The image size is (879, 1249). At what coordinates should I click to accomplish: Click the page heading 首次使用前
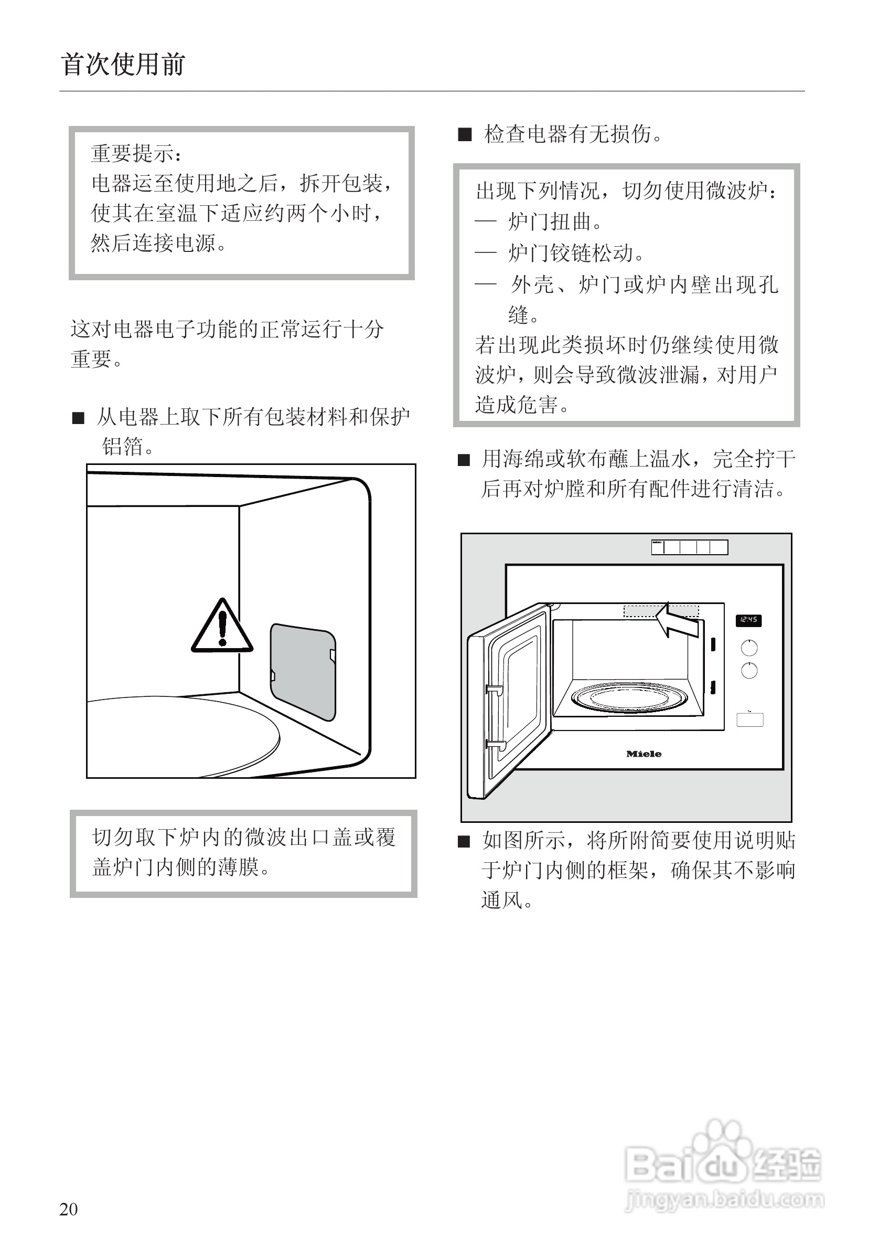coord(123,65)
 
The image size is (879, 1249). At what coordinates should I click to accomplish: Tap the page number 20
coord(69,1209)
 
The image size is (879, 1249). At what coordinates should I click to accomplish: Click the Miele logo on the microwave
coord(644,754)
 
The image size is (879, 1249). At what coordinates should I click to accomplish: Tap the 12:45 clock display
coord(748,620)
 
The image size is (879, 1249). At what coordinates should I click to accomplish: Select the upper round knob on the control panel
coord(749,648)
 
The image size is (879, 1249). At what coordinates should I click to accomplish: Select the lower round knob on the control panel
coord(749,671)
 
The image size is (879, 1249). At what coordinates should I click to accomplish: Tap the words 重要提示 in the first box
coord(133,154)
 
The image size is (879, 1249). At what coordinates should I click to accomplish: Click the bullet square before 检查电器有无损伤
coord(465,134)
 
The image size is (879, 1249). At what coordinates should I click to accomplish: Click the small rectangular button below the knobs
coord(749,719)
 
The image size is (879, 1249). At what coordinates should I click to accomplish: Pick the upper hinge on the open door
coord(494,690)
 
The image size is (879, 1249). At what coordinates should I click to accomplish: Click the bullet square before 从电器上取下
coord(79,418)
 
